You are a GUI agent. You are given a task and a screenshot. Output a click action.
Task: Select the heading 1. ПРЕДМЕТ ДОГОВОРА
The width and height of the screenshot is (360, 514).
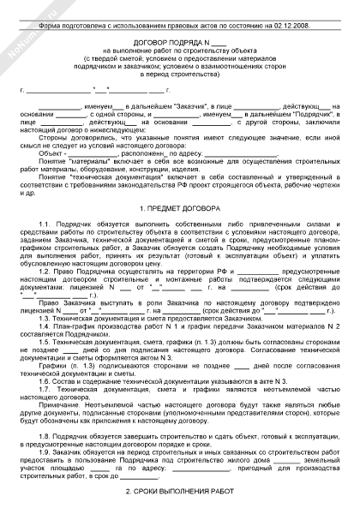pos(179,234)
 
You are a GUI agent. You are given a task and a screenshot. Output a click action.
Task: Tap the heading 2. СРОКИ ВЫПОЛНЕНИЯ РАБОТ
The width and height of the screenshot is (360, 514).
pos(179,491)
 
